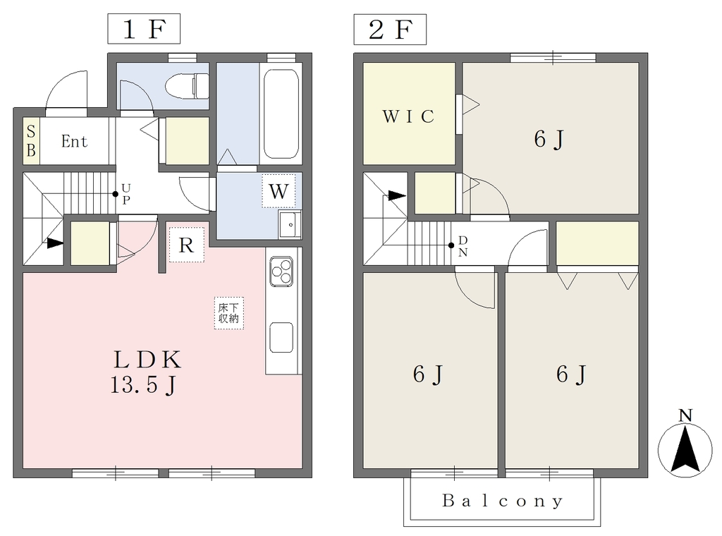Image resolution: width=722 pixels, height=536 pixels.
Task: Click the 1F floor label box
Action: point(144,29)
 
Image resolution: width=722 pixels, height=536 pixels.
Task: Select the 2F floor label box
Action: point(390,30)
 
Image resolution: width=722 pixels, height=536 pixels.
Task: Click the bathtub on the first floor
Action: point(281,114)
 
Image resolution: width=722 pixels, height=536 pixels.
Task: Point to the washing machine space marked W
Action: point(279,190)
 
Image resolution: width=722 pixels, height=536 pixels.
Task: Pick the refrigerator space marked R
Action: point(186,245)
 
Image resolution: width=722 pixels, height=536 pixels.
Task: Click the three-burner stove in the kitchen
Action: point(281,272)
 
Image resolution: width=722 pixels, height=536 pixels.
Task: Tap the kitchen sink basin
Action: point(281,338)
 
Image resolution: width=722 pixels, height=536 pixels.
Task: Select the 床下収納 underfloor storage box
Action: point(229,313)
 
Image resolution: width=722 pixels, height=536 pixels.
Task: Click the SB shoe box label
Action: point(31,141)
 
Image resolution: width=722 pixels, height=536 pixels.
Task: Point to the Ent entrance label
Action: point(74,141)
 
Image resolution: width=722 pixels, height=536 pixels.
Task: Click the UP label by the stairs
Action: point(126,193)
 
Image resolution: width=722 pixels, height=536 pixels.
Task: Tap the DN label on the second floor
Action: point(463,246)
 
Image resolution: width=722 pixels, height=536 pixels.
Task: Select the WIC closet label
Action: point(408,116)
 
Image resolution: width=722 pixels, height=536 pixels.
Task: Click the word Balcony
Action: point(502,501)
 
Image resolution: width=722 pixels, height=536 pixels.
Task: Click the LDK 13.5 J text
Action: point(147,372)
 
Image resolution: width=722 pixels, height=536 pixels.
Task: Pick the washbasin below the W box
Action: point(290,225)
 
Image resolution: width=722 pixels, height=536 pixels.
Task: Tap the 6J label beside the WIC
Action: point(549,139)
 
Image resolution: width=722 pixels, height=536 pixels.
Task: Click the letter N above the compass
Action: point(685,415)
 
